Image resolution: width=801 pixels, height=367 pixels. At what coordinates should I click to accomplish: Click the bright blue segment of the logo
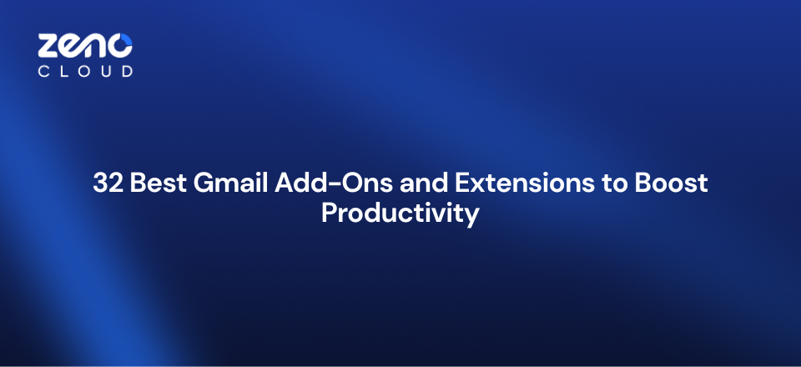126,41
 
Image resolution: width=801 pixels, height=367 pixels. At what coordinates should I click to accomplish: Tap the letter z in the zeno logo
49,47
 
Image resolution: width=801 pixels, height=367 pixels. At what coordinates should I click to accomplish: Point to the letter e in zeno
72,47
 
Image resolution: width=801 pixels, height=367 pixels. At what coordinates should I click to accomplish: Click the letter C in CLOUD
44,72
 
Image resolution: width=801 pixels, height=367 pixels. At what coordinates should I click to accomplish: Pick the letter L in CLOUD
64,72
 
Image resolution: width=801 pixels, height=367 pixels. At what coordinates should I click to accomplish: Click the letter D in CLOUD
126,72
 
